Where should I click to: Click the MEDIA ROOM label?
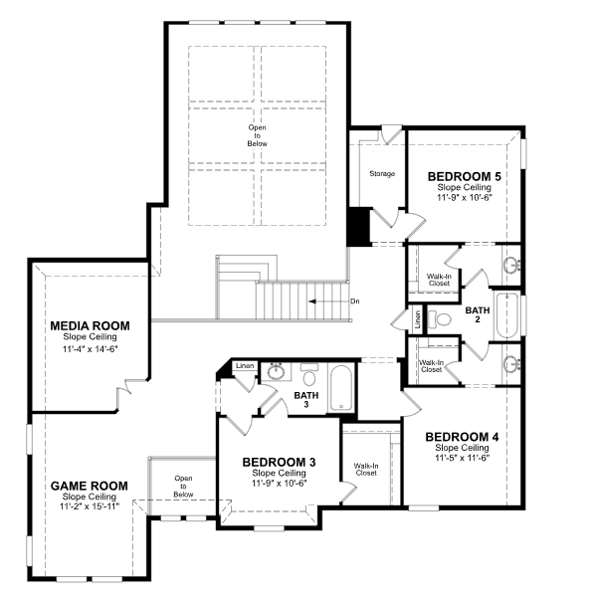[x=91, y=325]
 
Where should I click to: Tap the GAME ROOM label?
[x=90, y=486]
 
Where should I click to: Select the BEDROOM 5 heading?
[x=465, y=177]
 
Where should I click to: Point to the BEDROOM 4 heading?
[x=462, y=437]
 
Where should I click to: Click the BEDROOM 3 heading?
[x=279, y=463]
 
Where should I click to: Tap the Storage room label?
[x=382, y=173]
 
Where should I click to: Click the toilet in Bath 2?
[x=440, y=318]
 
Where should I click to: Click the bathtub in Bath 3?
[x=341, y=388]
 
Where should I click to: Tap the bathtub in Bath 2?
[x=507, y=315]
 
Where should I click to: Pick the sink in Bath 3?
[x=276, y=371]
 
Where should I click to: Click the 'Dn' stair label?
[x=355, y=301]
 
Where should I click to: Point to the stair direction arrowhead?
[x=311, y=301]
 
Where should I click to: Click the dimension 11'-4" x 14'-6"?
[x=91, y=349]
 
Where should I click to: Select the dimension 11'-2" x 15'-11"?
[x=90, y=505]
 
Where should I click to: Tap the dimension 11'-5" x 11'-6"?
[x=463, y=458]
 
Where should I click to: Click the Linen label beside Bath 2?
[x=418, y=318]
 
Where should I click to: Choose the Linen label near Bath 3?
[x=245, y=365]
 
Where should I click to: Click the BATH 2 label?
[x=478, y=314]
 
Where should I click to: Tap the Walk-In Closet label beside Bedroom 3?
[x=366, y=470]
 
